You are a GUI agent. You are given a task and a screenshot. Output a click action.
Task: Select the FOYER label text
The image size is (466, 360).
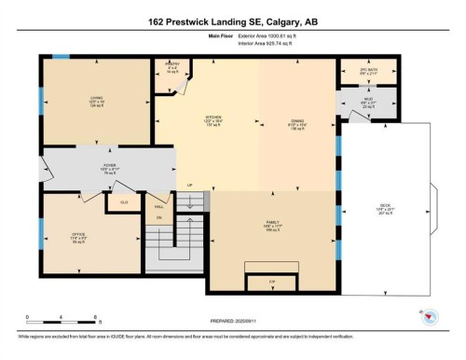(109, 165)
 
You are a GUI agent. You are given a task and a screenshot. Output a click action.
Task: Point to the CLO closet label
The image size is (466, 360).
(124, 201)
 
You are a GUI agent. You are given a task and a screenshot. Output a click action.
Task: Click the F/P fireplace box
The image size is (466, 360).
(272, 281)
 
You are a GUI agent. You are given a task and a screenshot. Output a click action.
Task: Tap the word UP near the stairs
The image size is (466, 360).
(191, 185)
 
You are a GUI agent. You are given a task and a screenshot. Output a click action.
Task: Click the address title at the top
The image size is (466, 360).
(233, 21)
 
